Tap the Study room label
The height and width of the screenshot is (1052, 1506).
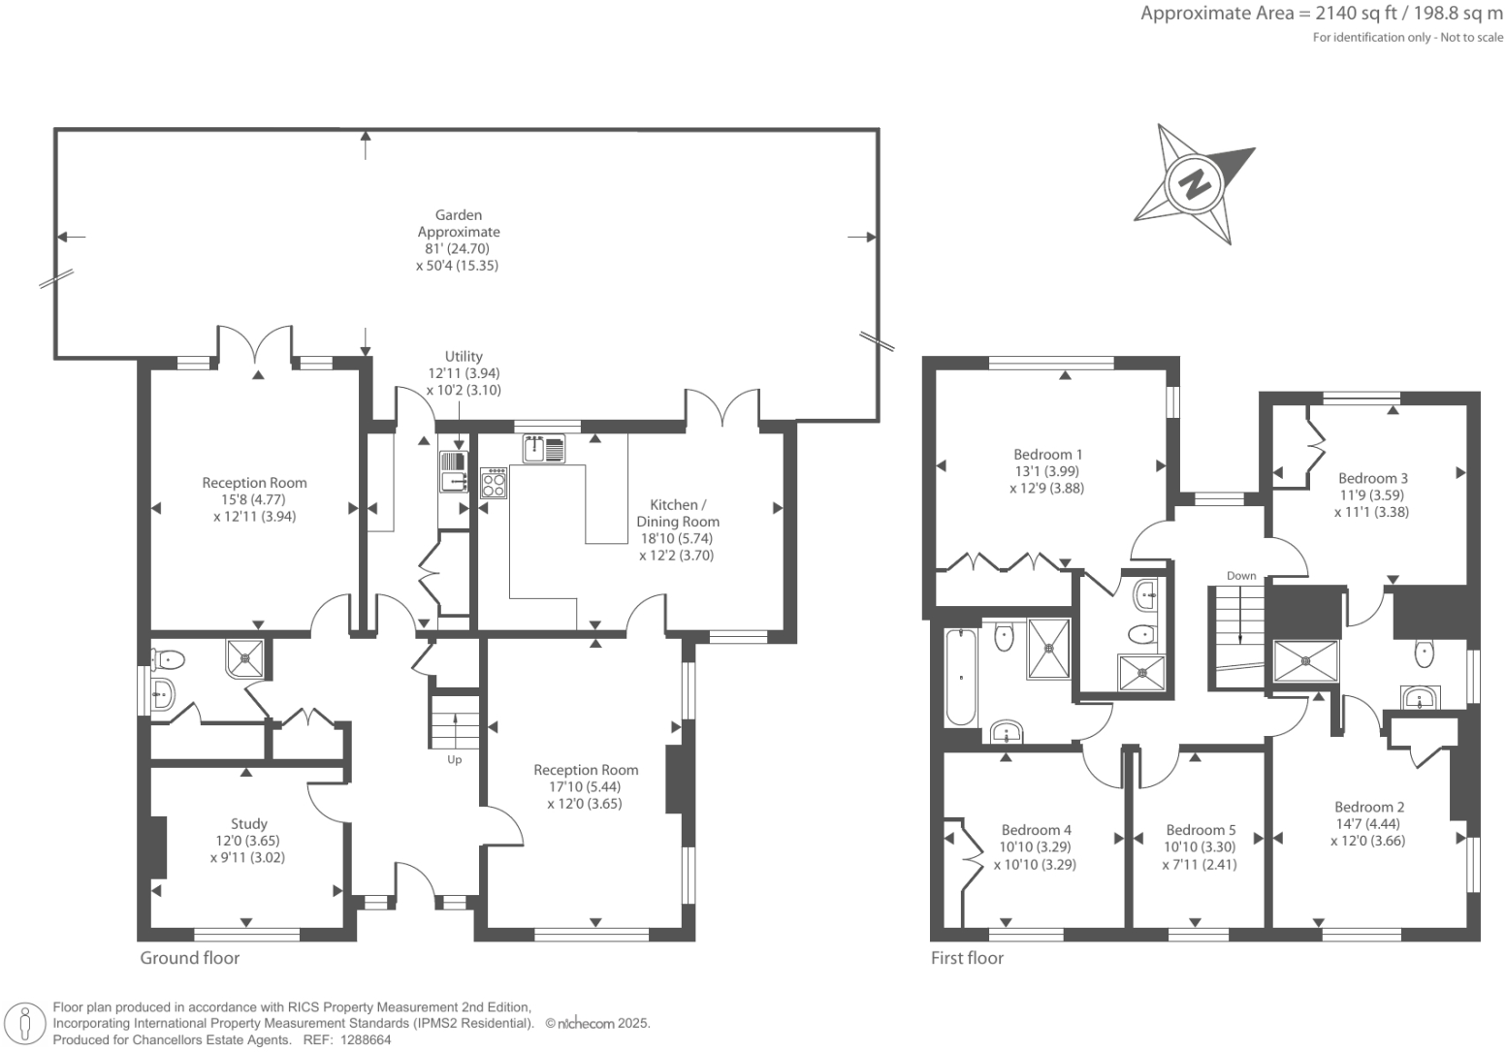click(249, 824)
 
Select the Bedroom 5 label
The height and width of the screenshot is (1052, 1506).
click(1201, 830)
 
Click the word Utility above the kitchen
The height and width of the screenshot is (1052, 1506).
click(464, 356)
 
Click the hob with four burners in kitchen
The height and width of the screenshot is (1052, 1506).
click(494, 483)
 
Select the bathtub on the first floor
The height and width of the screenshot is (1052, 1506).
click(959, 676)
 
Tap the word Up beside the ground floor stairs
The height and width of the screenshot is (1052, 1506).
click(454, 760)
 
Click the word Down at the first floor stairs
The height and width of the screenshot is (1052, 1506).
click(1241, 576)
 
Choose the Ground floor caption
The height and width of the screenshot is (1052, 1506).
click(190, 958)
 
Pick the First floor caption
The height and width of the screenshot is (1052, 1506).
click(967, 958)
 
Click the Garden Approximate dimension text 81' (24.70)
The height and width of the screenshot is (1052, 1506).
click(459, 248)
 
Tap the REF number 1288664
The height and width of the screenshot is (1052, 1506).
click(363, 1039)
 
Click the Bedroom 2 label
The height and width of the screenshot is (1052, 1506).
click(1369, 807)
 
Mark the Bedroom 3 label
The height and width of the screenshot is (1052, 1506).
click(1373, 478)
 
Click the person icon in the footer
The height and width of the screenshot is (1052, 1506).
click(27, 1024)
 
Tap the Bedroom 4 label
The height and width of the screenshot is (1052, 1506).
click(1036, 830)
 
